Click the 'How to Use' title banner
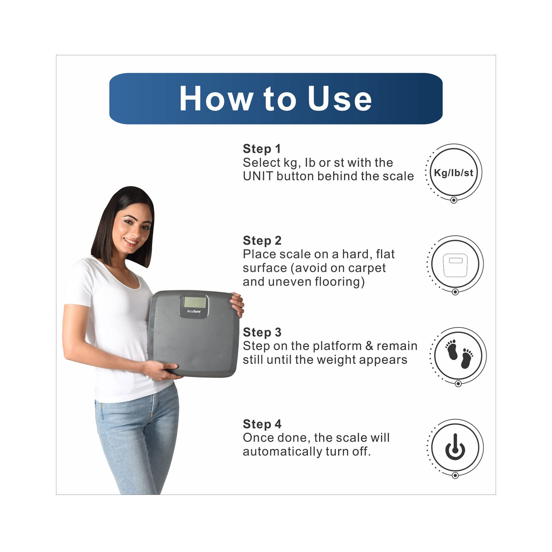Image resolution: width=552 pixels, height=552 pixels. point(276,98)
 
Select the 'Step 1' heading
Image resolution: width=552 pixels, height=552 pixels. point(262,149)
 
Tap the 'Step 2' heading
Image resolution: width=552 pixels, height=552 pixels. point(262,240)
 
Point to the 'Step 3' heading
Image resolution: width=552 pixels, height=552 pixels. point(262,332)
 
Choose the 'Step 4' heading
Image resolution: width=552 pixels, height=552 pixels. point(262,424)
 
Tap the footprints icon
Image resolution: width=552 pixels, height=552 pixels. point(459,355)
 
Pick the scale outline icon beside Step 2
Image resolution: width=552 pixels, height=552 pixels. point(455,264)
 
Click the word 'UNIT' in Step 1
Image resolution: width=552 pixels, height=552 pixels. point(258,176)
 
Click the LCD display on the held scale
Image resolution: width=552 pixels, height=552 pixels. point(195,302)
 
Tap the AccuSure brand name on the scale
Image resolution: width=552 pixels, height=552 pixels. point(194,311)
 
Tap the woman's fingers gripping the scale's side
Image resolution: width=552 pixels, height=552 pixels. point(238,304)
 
